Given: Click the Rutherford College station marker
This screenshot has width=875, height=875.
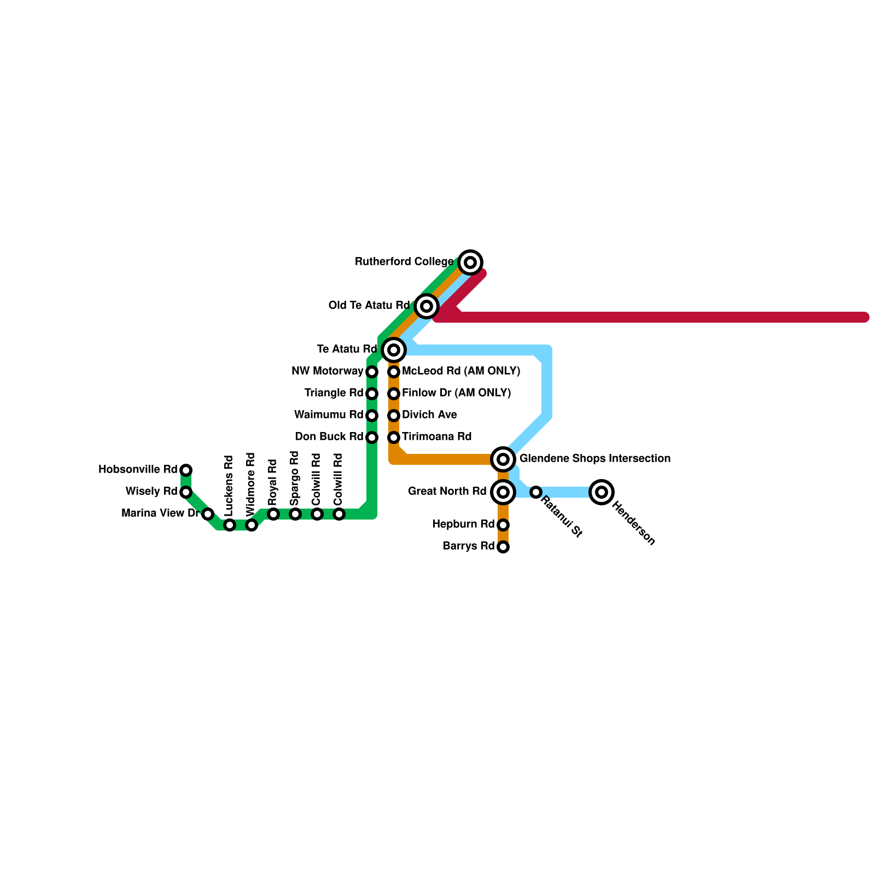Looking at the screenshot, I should coord(470,262).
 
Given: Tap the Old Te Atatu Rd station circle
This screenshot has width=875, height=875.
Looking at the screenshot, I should coord(427,306).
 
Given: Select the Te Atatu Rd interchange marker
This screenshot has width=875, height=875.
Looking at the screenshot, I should coord(394,350).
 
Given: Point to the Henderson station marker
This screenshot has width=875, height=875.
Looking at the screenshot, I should coord(602,492).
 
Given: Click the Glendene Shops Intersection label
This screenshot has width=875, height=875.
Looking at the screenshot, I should coord(594,459).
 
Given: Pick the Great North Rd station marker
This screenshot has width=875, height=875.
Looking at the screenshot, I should coord(503,492).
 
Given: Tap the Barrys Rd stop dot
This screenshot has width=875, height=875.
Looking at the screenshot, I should coord(503,547).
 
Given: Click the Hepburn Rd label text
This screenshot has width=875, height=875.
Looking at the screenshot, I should coord(463,524).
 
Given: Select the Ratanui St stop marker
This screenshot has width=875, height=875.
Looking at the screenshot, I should coord(536,492).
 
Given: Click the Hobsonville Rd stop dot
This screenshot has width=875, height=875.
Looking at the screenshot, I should coord(186,470).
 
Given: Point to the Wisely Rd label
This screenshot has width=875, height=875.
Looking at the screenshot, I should coord(151,492).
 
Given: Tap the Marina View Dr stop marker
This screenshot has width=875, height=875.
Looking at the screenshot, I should coord(208,514).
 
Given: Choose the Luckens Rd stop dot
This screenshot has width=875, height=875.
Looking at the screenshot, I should coord(230,525).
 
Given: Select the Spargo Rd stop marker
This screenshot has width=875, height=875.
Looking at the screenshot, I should coord(295,514).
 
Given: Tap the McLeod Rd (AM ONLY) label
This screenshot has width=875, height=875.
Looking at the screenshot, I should coord(460,371).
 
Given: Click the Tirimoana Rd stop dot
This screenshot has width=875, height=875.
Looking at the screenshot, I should coord(394,437).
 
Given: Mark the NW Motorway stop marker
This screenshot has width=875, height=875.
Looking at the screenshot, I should coord(372,372).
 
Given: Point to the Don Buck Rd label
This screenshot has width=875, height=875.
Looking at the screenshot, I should coord(329,437).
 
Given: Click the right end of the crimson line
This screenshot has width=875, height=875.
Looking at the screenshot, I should coord(865,317).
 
